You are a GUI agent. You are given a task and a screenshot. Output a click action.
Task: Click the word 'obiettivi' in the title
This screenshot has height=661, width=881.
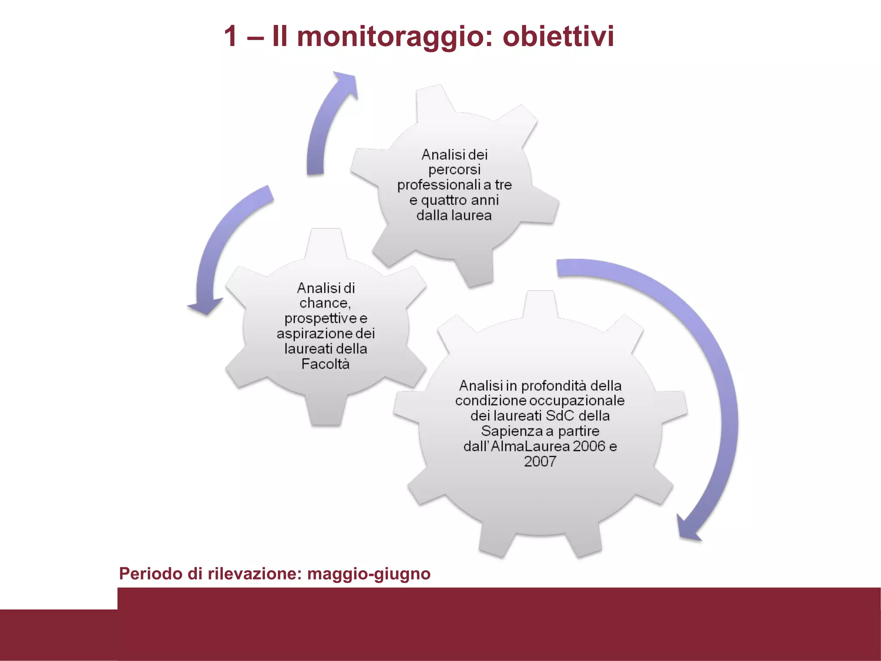point(558,36)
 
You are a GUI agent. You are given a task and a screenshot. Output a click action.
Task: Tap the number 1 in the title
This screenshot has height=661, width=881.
point(231,36)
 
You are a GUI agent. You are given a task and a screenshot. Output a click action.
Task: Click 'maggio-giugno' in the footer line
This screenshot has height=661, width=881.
point(369,574)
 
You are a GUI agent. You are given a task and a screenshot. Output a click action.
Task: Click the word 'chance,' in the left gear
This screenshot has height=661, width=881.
point(325,303)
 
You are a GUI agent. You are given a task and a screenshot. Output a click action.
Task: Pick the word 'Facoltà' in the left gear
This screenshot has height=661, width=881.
point(325,364)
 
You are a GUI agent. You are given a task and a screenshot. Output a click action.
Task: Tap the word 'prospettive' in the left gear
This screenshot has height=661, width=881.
point(320,318)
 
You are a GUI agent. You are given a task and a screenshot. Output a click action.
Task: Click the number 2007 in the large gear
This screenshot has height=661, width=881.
point(540,461)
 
